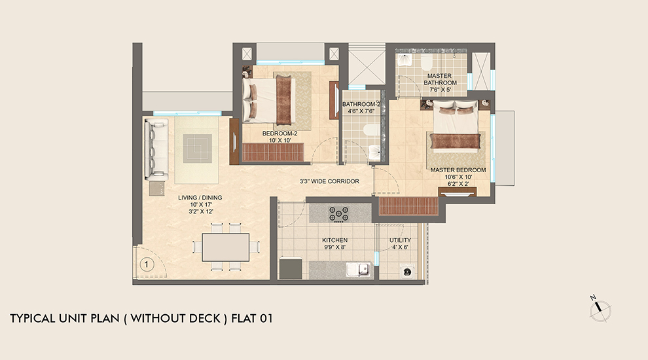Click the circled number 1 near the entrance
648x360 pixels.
(x=147, y=265)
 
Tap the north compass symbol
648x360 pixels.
(x=600, y=310)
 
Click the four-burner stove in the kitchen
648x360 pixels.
(x=339, y=213)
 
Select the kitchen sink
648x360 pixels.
(x=360, y=268)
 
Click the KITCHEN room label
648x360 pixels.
(x=334, y=240)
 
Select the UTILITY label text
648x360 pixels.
(x=400, y=240)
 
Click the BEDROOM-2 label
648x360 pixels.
(x=279, y=134)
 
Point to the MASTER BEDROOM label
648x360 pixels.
(x=458, y=170)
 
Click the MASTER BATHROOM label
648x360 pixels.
(x=439, y=79)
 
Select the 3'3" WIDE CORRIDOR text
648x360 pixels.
(x=329, y=181)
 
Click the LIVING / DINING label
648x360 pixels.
(x=200, y=197)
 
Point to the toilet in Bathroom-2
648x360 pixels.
(x=371, y=130)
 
